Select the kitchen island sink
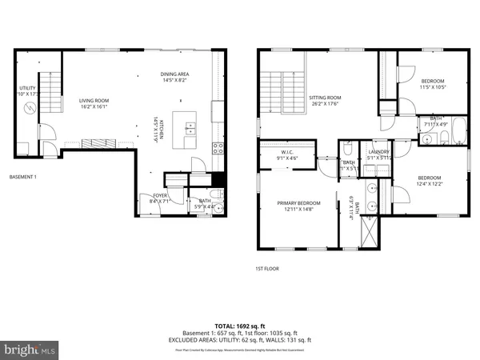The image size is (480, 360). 190,126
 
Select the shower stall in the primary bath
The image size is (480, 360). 370,231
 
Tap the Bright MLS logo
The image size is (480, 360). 30,349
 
